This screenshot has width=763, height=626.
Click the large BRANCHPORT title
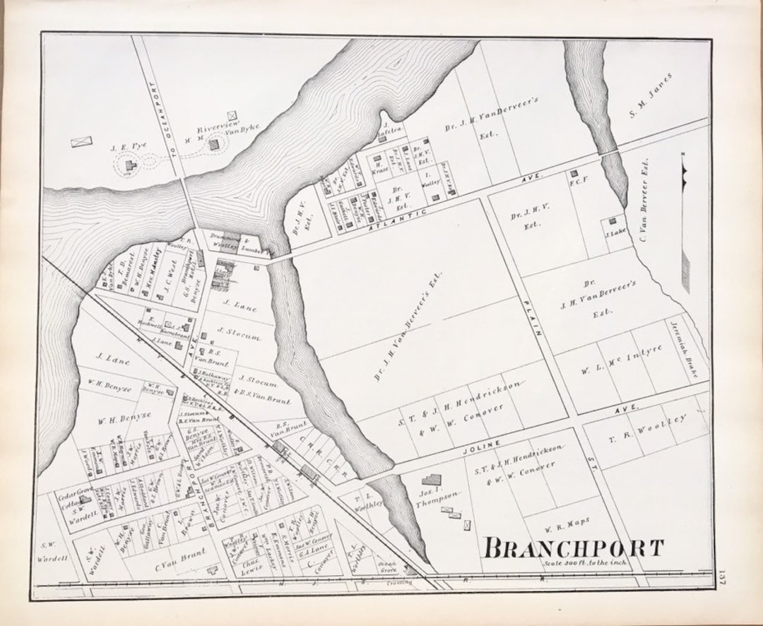pyautogui.click(x=574, y=548)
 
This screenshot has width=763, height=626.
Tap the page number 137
pyautogui.click(x=720, y=578)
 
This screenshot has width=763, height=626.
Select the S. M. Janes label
pyautogui.click(x=651, y=95)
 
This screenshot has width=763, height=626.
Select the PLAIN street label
pyautogui.click(x=531, y=318)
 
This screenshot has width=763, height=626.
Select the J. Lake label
pyautogui.click(x=615, y=230)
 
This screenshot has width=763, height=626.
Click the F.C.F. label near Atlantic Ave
pyautogui.click(x=579, y=181)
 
